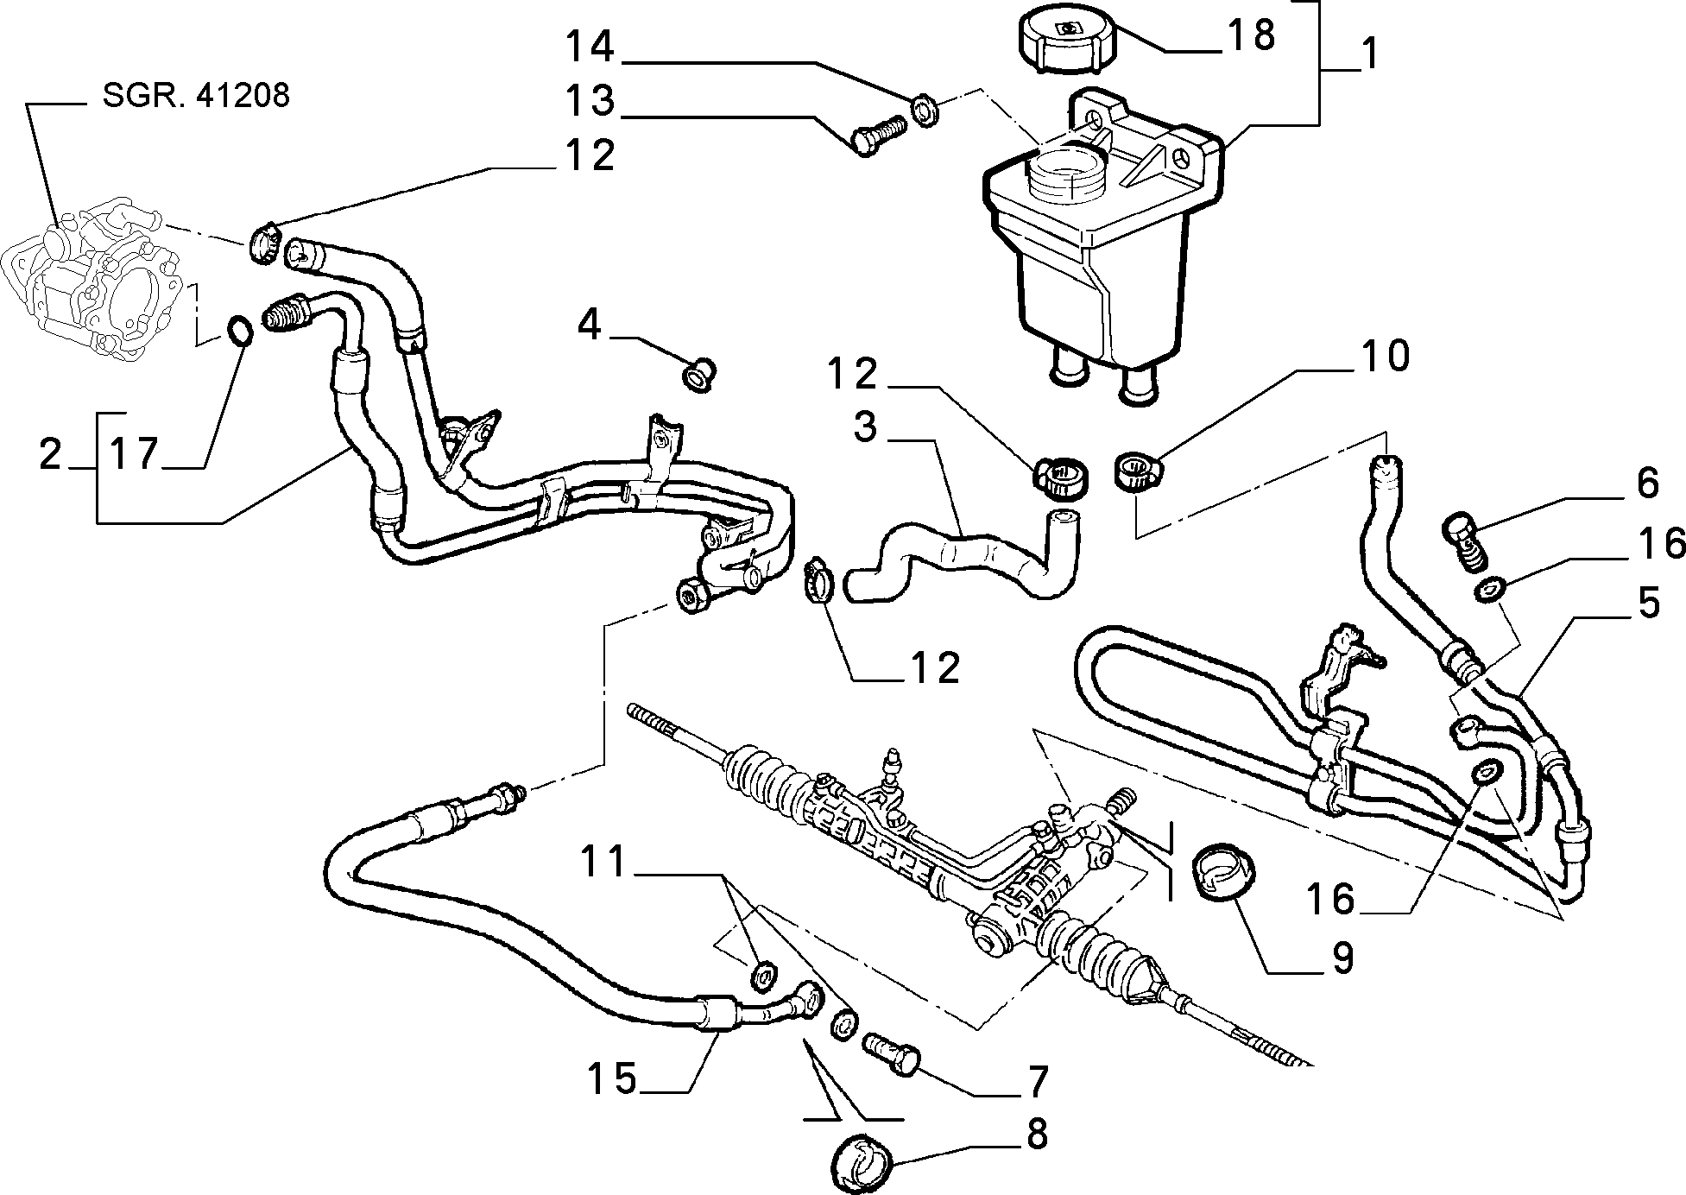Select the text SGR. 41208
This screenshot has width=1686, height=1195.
[196, 95]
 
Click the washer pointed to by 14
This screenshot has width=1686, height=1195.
[925, 111]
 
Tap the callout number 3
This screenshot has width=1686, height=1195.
[865, 427]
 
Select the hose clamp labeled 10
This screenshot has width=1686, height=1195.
[1140, 473]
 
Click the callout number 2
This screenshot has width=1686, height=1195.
[52, 454]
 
